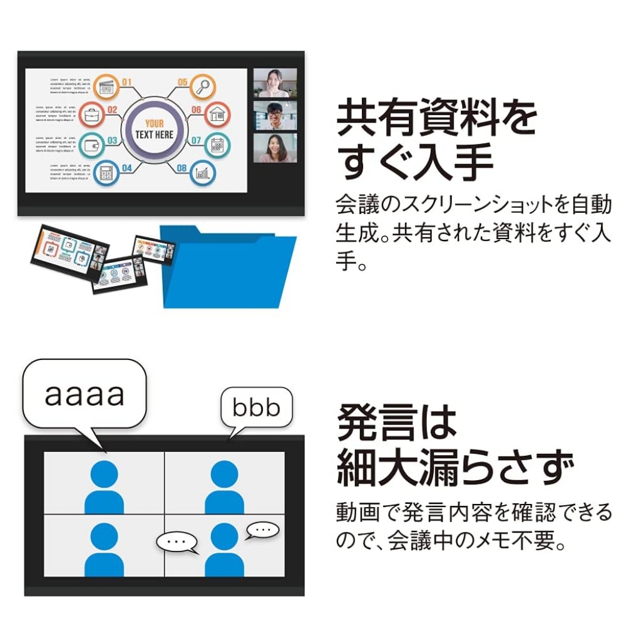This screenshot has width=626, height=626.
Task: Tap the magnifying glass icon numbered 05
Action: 202,87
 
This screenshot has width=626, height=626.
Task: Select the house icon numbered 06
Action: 217,115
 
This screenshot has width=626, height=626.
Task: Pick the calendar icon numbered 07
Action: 217,145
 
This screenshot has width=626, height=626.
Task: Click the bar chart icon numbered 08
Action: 202,173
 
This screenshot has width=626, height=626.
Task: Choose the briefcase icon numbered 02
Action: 91,115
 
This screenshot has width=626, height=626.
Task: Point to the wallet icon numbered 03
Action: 91,145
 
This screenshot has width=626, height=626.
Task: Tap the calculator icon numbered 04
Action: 106,172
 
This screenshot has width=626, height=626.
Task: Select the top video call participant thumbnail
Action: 275,83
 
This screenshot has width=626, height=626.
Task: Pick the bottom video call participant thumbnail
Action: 275,148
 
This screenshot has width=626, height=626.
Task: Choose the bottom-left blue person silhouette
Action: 104,550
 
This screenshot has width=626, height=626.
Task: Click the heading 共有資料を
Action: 436,120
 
